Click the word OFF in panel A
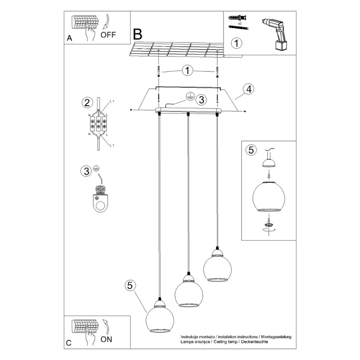click(x=108, y=36)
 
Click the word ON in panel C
click(x=106, y=339)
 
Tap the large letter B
click(x=138, y=35)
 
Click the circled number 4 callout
click(x=249, y=89)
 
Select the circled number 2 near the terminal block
click(x=87, y=103)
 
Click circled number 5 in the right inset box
click(x=251, y=150)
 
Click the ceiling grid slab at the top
click(x=175, y=49)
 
